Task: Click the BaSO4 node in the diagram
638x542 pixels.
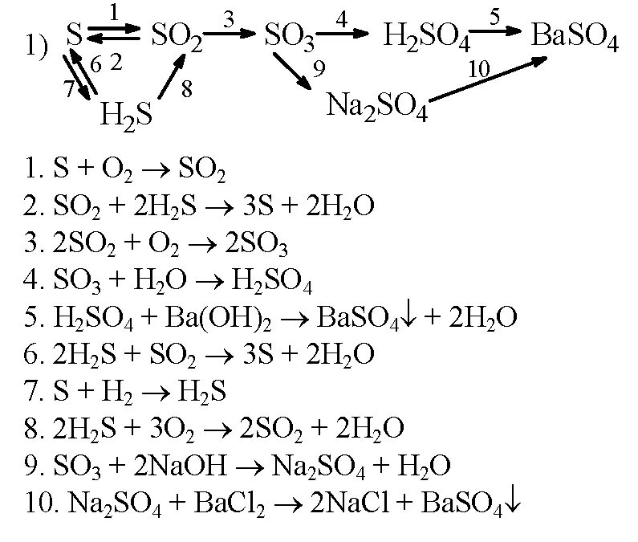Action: (575, 39)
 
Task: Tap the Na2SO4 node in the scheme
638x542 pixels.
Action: (377, 105)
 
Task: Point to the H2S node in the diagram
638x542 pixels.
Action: (126, 115)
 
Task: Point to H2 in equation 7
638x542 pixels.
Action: (130, 391)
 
